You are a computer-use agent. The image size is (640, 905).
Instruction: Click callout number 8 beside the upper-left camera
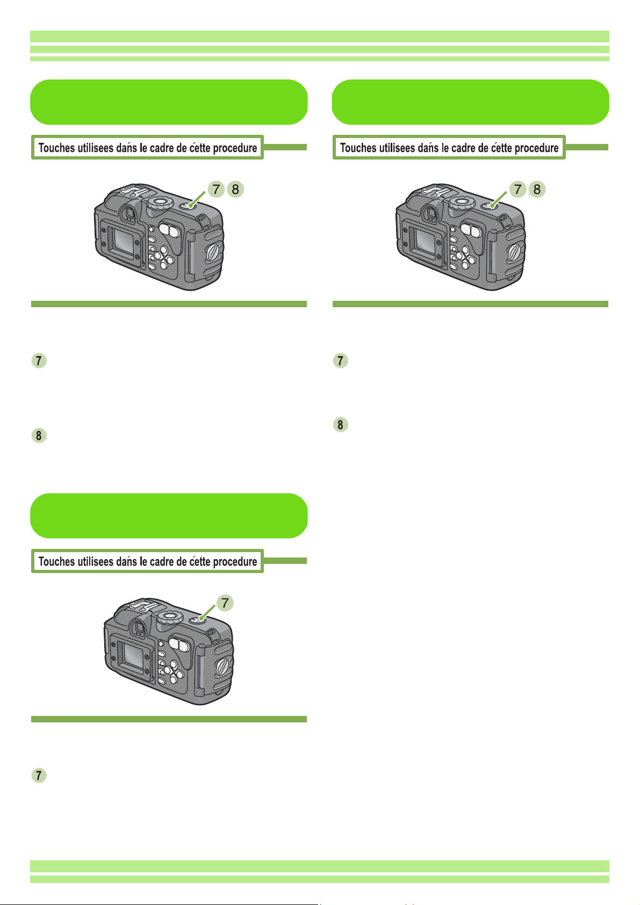click(x=235, y=189)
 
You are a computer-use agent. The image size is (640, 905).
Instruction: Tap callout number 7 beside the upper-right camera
click(x=517, y=189)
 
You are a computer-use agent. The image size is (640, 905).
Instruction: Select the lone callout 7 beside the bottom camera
click(x=225, y=603)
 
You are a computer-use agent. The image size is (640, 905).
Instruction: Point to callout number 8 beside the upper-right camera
click(x=537, y=189)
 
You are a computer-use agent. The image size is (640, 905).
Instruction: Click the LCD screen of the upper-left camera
click(x=124, y=241)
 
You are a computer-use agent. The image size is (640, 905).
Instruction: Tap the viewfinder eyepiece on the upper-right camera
click(x=430, y=213)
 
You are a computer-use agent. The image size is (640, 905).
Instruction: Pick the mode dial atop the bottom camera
click(x=170, y=617)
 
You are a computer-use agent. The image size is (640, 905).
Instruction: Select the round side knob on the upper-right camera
click(x=515, y=253)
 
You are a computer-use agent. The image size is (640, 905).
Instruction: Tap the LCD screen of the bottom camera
click(x=134, y=655)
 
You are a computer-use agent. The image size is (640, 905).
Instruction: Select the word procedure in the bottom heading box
click(x=235, y=562)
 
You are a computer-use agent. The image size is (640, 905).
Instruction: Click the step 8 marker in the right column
click(x=340, y=425)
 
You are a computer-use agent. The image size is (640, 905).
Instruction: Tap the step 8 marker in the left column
click(x=39, y=435)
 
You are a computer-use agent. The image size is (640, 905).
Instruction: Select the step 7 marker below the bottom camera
click(x=39, y=776)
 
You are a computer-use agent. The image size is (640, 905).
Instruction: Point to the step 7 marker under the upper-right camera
click(x=340, y=360)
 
